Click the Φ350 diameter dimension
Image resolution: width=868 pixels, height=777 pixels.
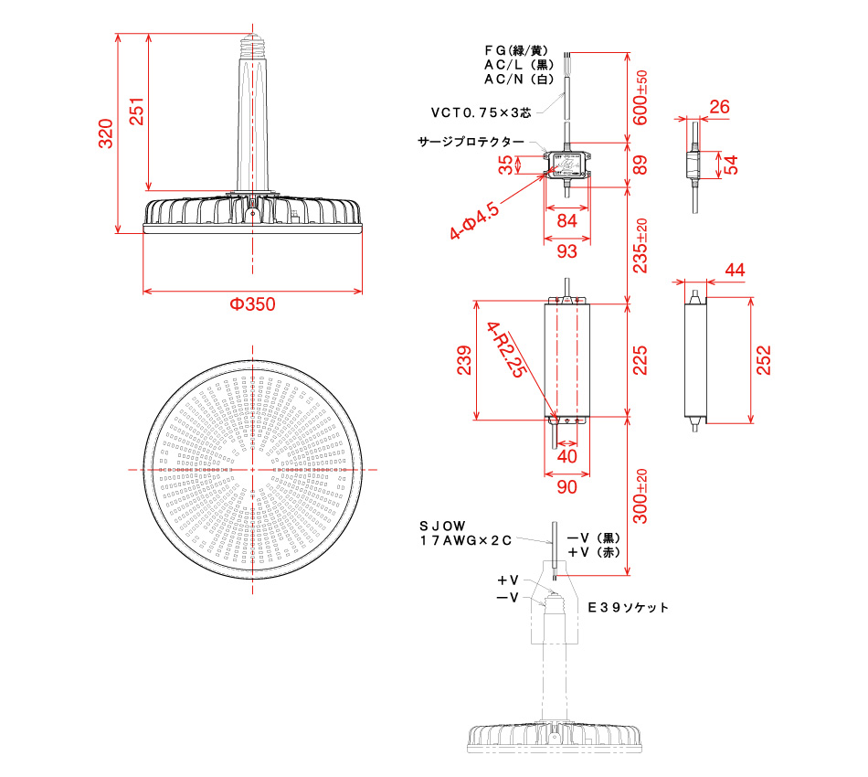coord(252,305)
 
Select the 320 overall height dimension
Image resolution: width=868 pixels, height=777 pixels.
coord(106,133)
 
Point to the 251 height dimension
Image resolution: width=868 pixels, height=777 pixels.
coord(136,111)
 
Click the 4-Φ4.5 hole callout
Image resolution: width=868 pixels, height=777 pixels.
coord(474,222)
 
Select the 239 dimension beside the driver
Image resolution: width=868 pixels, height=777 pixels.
coord(463,360)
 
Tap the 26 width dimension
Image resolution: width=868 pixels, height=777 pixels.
coord(719,107)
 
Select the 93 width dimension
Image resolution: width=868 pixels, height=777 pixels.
coord(566,250)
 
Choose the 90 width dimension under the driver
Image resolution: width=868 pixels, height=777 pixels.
coord(566,487)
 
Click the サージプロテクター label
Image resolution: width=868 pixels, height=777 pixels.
coord(471,143)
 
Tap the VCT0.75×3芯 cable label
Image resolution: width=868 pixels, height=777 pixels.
coord(480,112)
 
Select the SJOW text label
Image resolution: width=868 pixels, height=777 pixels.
coord(442,527)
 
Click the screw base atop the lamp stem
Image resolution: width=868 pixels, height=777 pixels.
coord(253,42)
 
